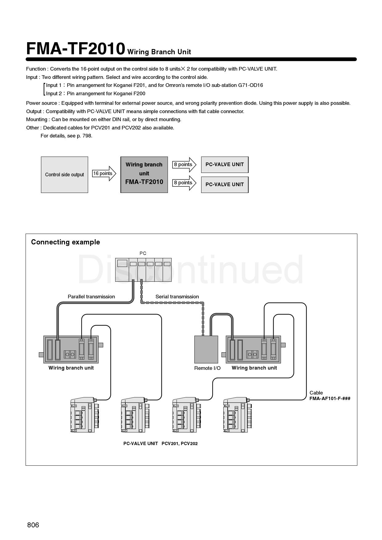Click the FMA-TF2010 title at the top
[75, 49]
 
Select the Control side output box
[64, 174]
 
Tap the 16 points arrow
[104, 174]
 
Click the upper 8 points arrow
[184, 165]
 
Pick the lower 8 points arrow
[184, 183]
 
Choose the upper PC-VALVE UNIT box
[225, 165]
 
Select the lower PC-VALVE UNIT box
[225, 185]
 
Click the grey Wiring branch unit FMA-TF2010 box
[144, 174]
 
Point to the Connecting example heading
[65, 242]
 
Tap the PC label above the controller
[143, 253]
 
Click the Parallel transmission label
[91, 297]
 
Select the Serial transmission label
[177, 297]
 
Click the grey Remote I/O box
[206, 349]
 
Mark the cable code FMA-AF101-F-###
[330, 399]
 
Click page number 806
[33, 525]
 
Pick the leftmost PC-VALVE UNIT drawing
[84, 415]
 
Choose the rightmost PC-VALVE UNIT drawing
[237, 415]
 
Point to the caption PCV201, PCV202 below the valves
[180, 444]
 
